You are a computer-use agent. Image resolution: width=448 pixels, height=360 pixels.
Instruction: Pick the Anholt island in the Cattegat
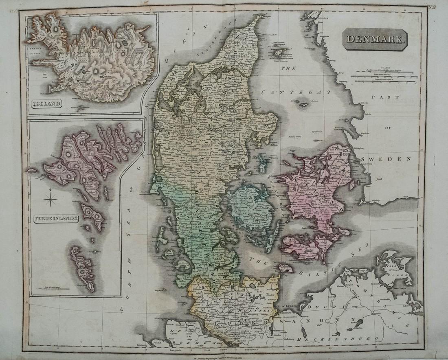303,104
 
